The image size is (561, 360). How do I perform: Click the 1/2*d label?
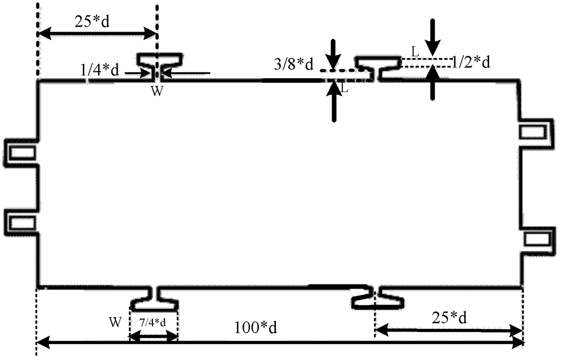tap(471, 63)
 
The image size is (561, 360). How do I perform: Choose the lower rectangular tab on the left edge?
tap(20, 222)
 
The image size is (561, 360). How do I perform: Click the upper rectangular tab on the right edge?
tap(537, 131)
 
